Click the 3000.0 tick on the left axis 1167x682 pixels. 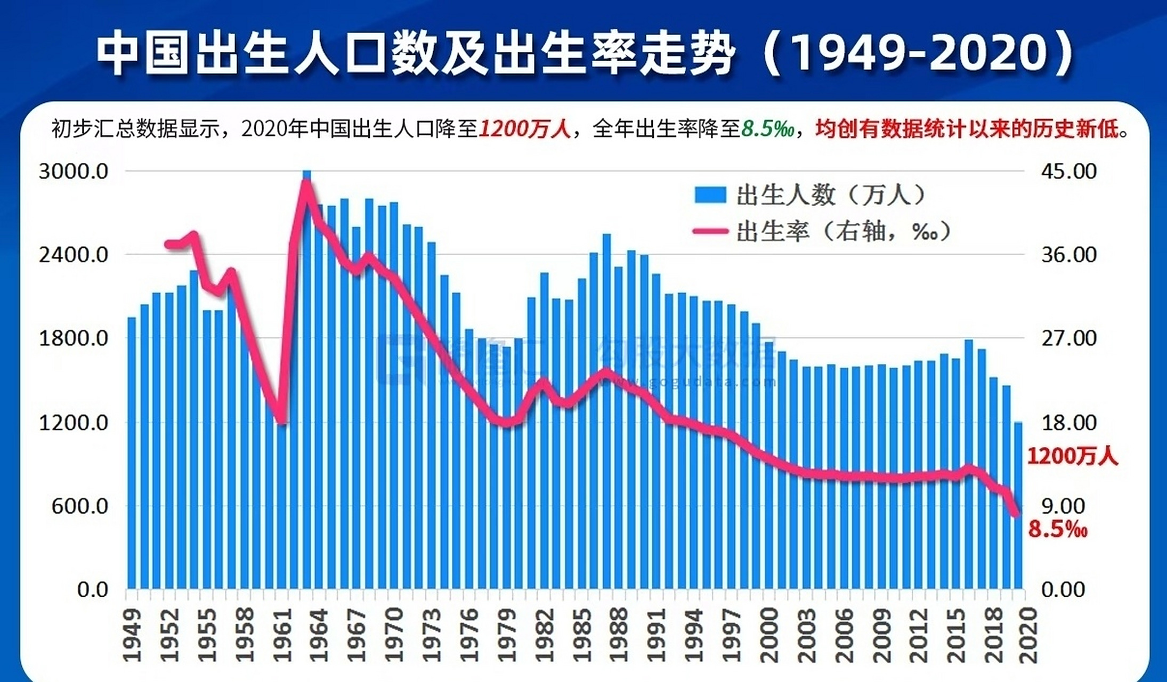pyautogui.click(x=74, y=172)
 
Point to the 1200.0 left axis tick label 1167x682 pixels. pyautogui.click(x=74, y=423)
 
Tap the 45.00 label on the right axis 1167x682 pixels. pyautogui.click(x=1068, y=172)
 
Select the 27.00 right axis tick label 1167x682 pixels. pyautogui.click(x=1068, y=338)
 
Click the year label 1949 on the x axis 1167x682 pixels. pyautogui.click(x=132, y=635)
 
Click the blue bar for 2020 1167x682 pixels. pyautogui.click(x=1018, y=506)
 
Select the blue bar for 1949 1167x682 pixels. pyautogui.click(x=132, y=453)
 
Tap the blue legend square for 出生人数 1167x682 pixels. pyautogui.click(x=710, y=195)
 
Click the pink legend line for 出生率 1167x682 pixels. pyautogui.click(x=710, y=231)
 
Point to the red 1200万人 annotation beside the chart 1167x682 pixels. pyautogui.click(x=1072, y=457)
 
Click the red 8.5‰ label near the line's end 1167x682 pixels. pyautogui.click(x=1057, y=530)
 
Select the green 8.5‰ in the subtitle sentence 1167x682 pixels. pyautogui.click(x=767, y=129)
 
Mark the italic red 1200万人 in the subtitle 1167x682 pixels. pyautogui.click(x=524, y=129)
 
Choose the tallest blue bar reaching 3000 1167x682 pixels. pyautogui.click(x=306, y=373)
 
